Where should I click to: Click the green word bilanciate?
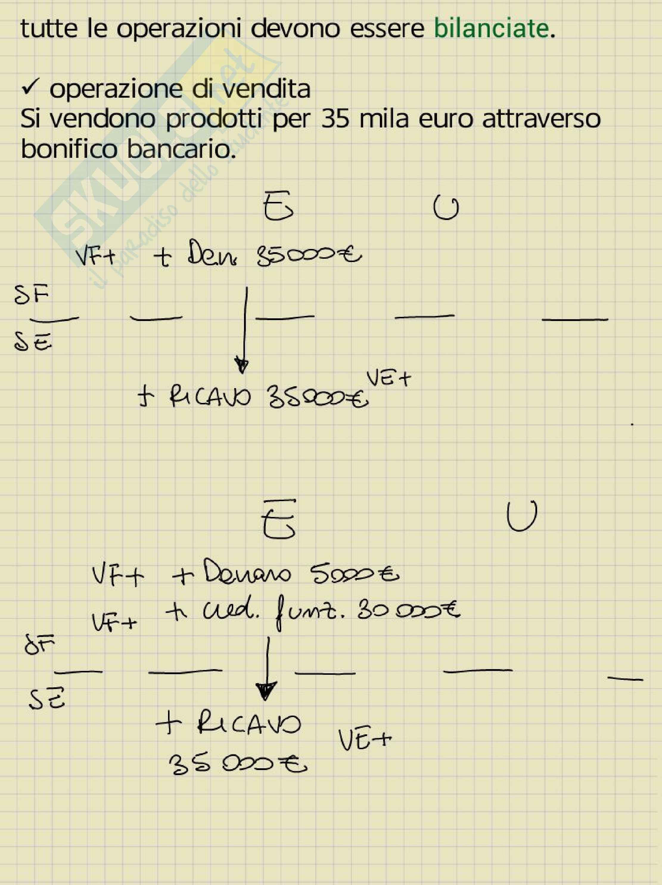(x=491, y=29)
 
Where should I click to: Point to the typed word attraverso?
(x=541, y=119)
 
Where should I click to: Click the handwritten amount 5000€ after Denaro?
(x=354, y=575)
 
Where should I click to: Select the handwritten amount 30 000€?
(x=408, y=611)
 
